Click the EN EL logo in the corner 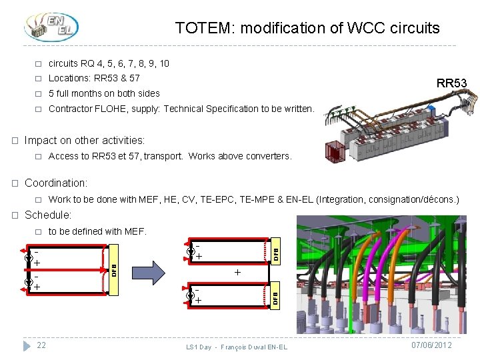tap(51, 26)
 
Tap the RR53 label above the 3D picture tap(451, 83)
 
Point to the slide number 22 tap(41, 345)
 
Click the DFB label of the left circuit tap(114, 270)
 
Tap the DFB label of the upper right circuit tap(275, 253)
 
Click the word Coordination tap(55, 183)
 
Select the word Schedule tap(47, 215)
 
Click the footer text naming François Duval tap(237, 347)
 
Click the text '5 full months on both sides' tap(104, 93)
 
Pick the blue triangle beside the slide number tap(27, 346)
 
